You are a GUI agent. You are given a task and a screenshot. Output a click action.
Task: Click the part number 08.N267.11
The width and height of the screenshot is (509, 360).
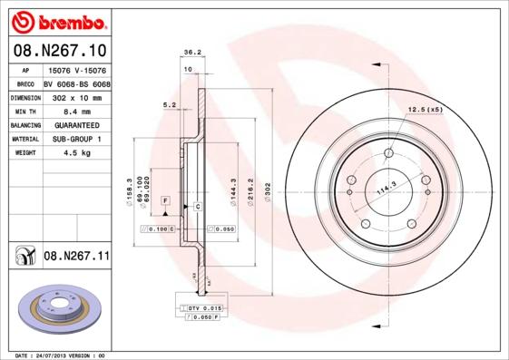[76, 258]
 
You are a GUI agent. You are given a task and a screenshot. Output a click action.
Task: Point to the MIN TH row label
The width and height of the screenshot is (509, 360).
[24, 110]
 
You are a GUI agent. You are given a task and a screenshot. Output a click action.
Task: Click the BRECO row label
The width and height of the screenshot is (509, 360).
[25, 83]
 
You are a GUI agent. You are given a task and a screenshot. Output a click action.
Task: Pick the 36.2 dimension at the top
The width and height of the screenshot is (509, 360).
[191, 53]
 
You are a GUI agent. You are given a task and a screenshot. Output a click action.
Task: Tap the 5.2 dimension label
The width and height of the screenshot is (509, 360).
[169, 105]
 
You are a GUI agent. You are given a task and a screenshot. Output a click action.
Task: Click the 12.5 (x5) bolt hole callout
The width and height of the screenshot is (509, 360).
[425, 110]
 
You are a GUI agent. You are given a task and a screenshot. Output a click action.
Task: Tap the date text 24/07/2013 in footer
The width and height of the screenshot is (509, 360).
[61, 355]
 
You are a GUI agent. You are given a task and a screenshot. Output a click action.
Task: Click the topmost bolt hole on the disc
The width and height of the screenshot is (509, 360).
[388, 153]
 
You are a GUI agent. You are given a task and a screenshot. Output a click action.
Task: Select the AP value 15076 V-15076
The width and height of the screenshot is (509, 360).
[76, 69]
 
